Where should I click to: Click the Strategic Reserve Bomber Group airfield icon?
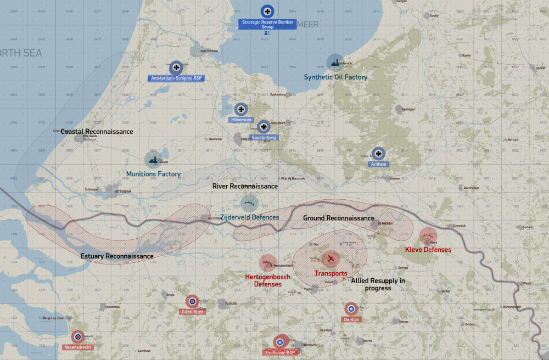[x=267, y=10]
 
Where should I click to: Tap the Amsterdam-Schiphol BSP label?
[x=176, y=78]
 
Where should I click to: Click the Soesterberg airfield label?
[x=264, y=137]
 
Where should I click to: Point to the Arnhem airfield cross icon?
[x=378, y=154]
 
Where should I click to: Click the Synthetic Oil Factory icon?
[x=335, y=62]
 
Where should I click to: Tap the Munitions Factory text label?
[x=153, y=174]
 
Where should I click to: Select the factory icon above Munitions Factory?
[x=153, y=159]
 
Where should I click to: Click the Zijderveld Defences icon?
[x=249, y=203]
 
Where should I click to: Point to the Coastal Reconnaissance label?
[x=97, y=132]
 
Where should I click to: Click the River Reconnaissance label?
[x=245, y=187]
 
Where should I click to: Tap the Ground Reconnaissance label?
[x=338, y=218]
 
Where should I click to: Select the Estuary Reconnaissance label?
[x=117, y=256]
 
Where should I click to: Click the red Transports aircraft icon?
[x=330, y=258]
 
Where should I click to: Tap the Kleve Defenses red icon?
[x=428, y=237]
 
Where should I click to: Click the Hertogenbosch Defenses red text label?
[x=268, y=280]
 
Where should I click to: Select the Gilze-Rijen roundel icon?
[x=193, y=301]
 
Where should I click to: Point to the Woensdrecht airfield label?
[x=78, y=347]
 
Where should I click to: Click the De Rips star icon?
[x=351, y=309]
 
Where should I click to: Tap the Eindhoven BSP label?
[x=281, y=352]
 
